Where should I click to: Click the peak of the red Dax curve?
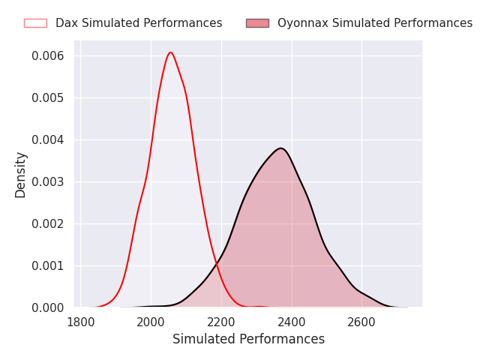(170, 52)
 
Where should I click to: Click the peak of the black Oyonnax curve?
(280, 148)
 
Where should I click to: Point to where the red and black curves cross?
(217, 263)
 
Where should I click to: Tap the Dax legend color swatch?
(35, 23)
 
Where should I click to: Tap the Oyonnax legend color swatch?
(257, 23)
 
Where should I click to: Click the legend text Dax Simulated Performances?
(139, 23)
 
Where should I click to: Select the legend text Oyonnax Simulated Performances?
(375, 23)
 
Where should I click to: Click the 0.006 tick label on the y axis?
(48, 56)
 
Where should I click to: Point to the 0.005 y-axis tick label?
(48, 98)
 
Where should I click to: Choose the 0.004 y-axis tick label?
(48, 140)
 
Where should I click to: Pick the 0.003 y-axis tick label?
(48, 181)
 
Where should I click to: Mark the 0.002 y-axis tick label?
(48, 223)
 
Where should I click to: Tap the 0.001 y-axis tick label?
(48, 265)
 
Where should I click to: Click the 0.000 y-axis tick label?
(48, 307)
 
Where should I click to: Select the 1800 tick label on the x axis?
(81, 322)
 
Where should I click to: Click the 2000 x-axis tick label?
(151, 322)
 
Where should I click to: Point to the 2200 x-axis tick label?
(221, 322)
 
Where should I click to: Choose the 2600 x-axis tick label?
(361, 322)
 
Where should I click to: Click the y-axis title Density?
(20, 175)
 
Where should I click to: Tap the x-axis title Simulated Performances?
(248, 339)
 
